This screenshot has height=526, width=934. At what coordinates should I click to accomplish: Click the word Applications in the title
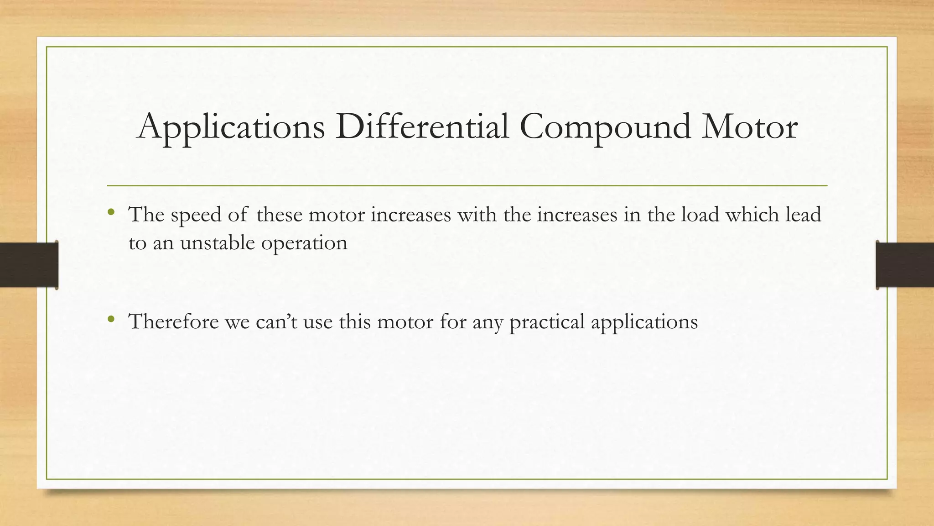point(231,127)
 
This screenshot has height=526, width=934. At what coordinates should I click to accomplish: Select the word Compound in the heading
point(605,127)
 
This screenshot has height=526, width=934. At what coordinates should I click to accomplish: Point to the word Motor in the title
point(750,127)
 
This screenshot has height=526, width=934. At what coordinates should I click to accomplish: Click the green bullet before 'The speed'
point(110,212)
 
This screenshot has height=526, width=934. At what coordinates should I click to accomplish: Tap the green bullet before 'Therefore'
point(110,319)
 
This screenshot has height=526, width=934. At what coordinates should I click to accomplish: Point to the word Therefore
point(174,321)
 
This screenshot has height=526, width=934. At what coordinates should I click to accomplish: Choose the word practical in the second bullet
point(547,322)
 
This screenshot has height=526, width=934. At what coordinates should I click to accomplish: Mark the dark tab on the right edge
point(905,265)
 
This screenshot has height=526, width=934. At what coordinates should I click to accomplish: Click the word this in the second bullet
point(355,321)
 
